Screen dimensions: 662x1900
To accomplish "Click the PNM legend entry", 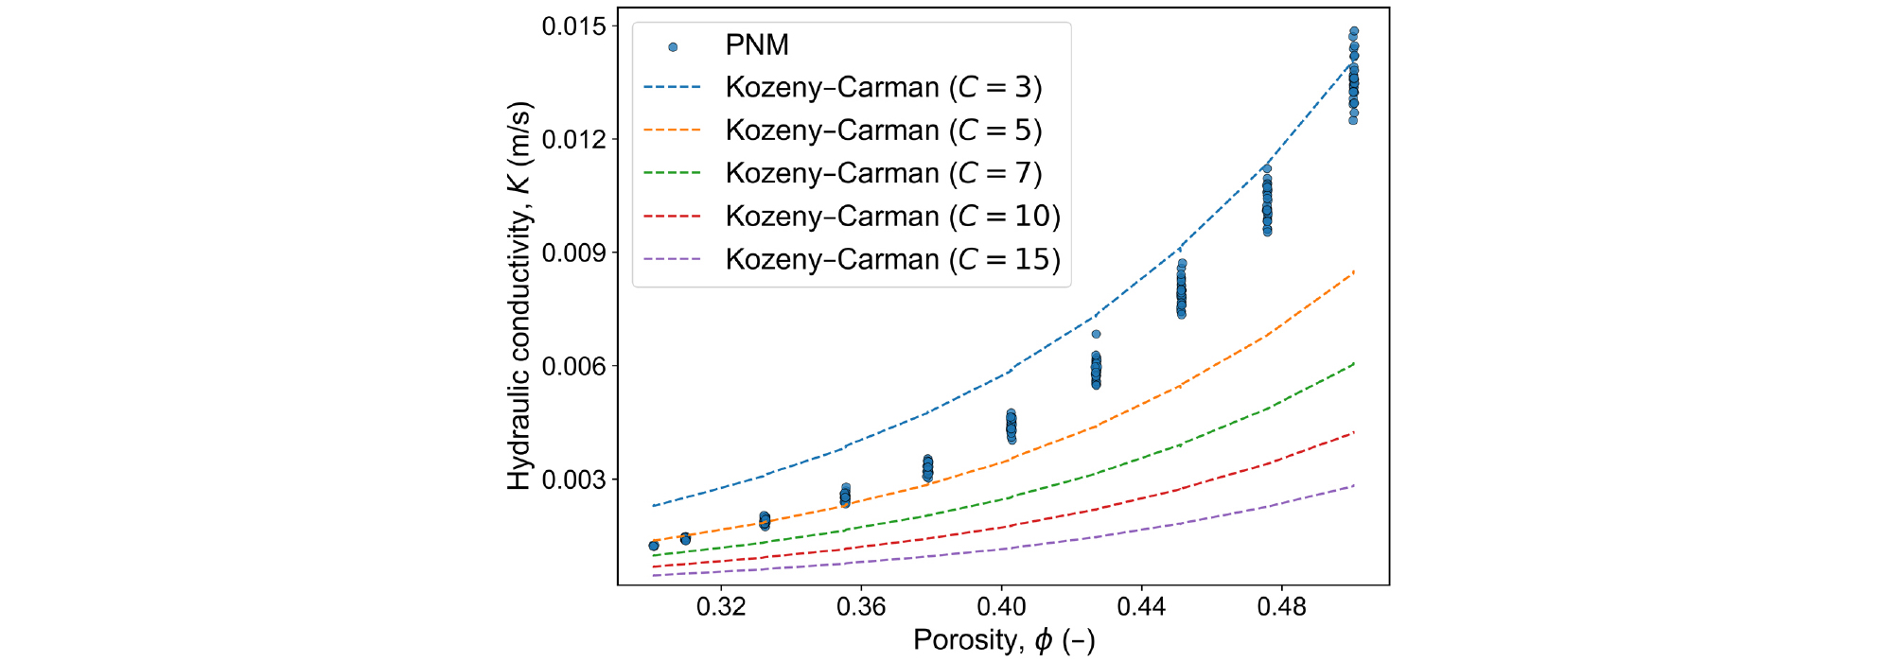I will pyautogui.click(x=756, y=45).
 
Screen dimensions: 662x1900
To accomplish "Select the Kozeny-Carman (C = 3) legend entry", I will pyautogui.click(x=883, y=88).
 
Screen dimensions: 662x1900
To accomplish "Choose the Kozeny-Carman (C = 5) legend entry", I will pyautogui.click(x=883, y=131).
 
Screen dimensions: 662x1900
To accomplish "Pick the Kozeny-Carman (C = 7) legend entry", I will pyautogui.click(x=883, y=174).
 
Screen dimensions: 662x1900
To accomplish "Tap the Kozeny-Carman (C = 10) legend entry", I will pyautogui.click(x=892, y=217).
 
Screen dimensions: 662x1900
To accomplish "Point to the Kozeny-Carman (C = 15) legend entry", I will pyautogui.click(x=892, y=260).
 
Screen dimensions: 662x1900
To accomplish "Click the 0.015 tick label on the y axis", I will pyautogui.click(x=573, y=26).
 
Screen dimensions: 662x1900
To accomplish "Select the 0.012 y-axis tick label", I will pyautogui.click(x=573, y=140).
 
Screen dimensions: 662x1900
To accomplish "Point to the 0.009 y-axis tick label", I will pyautogui.click(x=573, y=253).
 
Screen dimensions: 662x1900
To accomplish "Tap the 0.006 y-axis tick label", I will pyautogui.click(x=573, y=367).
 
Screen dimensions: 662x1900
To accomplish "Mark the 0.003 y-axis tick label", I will pyautogui.click(x=573, y=480).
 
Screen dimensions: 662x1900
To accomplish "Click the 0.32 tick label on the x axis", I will pyautogui.click(x=721, y=607).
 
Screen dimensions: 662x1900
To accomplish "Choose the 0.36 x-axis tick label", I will pyautogui.click(x=861, y=607).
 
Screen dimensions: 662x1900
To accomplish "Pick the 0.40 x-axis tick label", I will pyautogui.click(x=1001, y=607).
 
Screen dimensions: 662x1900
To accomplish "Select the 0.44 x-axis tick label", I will pyautogui.click(x=1141, y=607).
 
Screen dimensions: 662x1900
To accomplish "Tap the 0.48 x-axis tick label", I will pyautogui.click(x=1281, y=607).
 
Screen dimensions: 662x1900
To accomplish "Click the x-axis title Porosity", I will pyautogui.click(x=1003, y=640).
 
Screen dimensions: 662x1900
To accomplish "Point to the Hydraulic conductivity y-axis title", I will pyautogui.click(x=519, y=295).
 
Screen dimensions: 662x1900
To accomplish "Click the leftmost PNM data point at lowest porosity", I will pyautogui.click(x=654, y=546).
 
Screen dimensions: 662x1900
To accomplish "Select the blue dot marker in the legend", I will pyautogui.click(x=673, y=46).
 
